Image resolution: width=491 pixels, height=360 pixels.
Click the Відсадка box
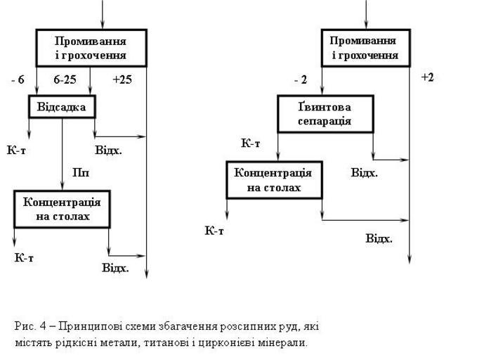[62, 107]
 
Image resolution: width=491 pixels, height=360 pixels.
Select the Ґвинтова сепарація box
[325, 113]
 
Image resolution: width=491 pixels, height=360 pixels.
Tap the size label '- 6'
[18, 79]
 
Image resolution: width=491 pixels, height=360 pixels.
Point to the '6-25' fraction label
[65, 79]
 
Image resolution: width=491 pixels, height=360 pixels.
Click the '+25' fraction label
[122, 79]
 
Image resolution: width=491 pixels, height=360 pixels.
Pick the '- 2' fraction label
[301, 80]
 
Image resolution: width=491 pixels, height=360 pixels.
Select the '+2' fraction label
[427, 77]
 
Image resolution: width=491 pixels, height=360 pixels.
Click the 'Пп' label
[81, 172]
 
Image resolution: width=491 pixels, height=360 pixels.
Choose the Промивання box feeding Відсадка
[91, 48]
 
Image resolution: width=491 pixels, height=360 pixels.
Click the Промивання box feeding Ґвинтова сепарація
[365, 48]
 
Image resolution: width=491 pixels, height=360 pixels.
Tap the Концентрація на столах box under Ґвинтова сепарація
[273, 180]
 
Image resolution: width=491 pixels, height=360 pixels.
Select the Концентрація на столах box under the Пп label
[63, 209]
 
